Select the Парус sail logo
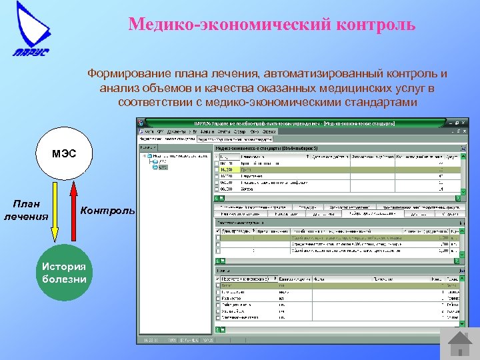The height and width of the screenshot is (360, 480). tap(31, 31)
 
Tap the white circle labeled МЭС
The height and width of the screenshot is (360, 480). tap(65, 154)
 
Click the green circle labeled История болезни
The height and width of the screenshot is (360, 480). tap(65, 273)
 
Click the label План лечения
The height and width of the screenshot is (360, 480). tap(26, 210)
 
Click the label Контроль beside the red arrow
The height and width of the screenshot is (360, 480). tap(107, 210)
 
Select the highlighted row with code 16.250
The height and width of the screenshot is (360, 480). tap(333, 170)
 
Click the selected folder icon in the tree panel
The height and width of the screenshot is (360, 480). tap(155, 167)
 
